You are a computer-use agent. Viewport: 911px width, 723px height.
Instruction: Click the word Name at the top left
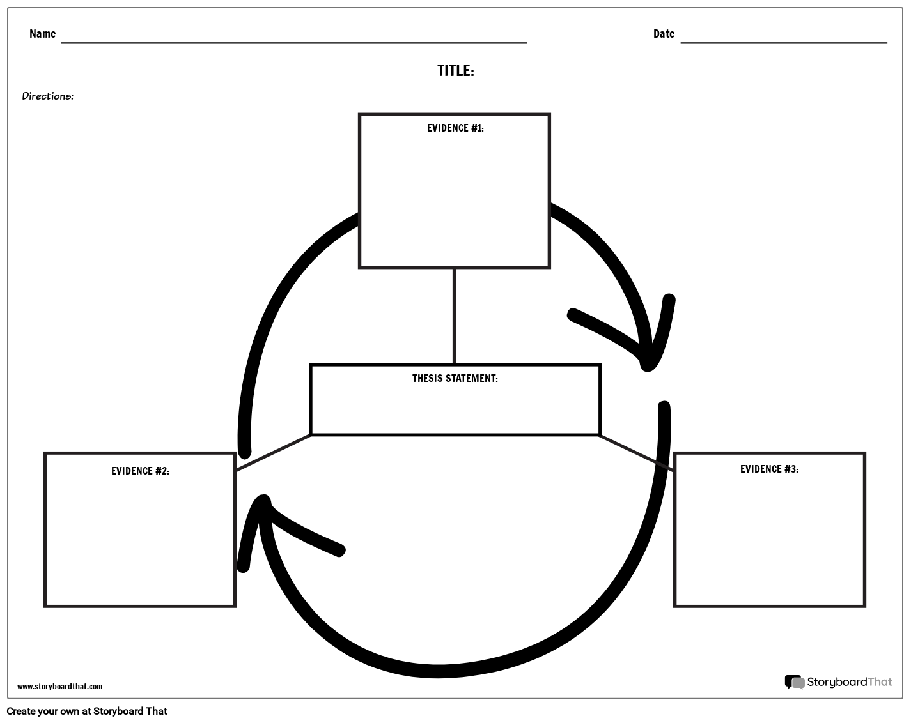pyautogui.click(x=42, y=34)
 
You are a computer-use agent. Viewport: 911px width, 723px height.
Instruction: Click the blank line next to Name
pyautogui.click(x=293, y=42)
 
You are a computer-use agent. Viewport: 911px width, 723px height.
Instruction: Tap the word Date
pyautogui.click(x=664, y=34)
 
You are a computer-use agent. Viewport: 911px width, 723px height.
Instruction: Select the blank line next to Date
pyautogui.click(x=784, y=42)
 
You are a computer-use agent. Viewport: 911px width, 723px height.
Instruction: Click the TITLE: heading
pyautogui.click(x=455, y=71)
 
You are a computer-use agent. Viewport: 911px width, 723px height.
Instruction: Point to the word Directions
pyautogui.click(x=47, y=96)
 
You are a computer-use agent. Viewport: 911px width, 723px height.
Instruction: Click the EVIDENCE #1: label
pyautogui.click(x=455, y=128)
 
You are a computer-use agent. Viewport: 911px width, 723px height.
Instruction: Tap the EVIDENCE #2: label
pyautogui.click(x=140, y=471)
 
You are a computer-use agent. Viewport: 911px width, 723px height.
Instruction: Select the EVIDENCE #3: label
pyautogui.click(x=769, y=469)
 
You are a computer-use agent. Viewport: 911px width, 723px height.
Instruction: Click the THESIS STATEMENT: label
pyautogui.click(x=455, y=379)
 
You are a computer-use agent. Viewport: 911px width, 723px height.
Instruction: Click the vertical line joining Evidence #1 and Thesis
pyautogui.click(x=455, y=316)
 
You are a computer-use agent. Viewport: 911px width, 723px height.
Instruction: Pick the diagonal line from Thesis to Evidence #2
pyautogui.click(x=273, y=453)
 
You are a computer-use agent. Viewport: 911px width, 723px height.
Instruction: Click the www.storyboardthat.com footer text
pyautogui.click(x=59, y=687)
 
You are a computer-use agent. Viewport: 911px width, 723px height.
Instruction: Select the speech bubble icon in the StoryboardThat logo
pyautogui.click(x=794, y=682)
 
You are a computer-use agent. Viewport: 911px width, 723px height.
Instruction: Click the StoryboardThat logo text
pyautogui.click(x=849, y=682)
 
